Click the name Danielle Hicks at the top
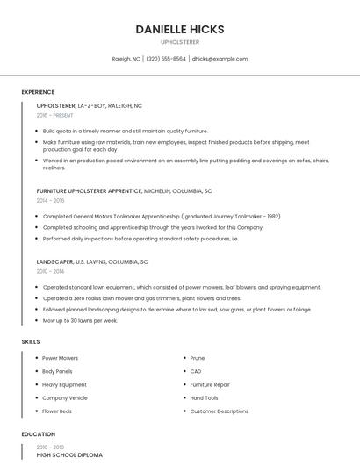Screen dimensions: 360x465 click(x=180, y=29)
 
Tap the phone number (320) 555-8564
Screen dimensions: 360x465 click(x=166, y=59)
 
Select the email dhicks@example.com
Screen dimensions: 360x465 click(x=220, y=59)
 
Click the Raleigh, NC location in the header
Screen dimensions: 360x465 click(x=126, y=59)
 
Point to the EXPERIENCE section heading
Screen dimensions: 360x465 click(x=38, y=92)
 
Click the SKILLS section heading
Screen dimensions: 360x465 click(x=30, y=340)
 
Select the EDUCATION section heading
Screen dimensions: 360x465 click(x=38, y=434)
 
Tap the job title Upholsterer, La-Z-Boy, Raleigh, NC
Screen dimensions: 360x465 click(x=90, y=105)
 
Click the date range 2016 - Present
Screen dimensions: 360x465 click(x=54, y=115)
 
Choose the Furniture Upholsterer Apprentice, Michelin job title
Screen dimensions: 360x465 click(x=124, y=190)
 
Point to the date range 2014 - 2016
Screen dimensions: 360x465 click(x=50, y=200)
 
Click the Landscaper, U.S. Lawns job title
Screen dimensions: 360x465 click(x=92, y=261)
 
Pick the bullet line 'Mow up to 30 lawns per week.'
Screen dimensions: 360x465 click(x=80, y=320)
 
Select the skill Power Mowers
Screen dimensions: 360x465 click(x=60, y=358)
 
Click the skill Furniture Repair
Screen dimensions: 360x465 click(x=211, y=384)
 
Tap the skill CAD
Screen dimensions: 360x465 click(x=196, y=371)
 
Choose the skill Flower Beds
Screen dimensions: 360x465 click(x=57, y=411)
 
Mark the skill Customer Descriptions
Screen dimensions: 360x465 click(x=220, y=411)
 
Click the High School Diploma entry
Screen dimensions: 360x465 click(x=69, y=455)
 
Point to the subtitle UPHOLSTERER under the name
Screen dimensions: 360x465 click(x=180, y=41)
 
